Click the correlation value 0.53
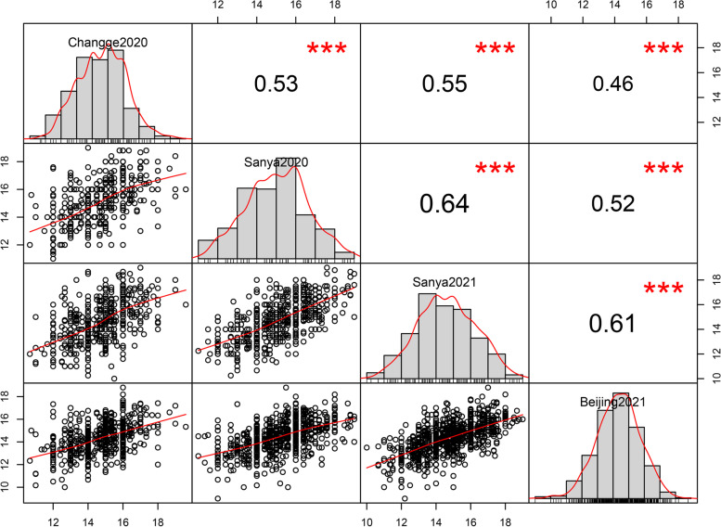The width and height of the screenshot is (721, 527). (276, 84)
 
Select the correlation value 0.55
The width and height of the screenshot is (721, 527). (444, 84)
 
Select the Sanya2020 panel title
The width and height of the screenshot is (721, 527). (276, 161)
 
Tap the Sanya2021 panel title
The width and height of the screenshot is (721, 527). (444, 282)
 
